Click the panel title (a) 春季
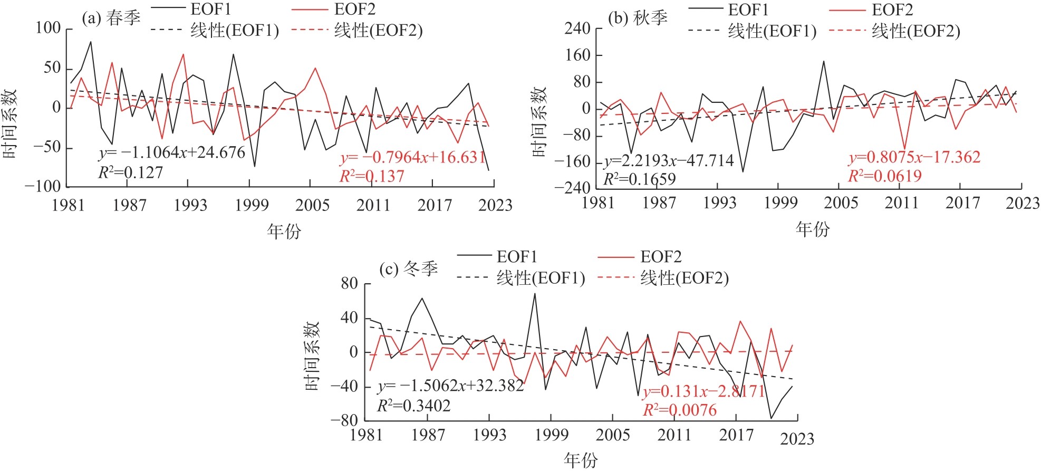coord(111,18)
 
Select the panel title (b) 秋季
coord(638,18)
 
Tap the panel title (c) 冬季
coord(409,270)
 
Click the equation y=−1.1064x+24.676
coord(172,153)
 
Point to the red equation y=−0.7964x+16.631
coord(412,157)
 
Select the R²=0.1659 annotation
coord(639,179)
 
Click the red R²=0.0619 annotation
coord(884,176)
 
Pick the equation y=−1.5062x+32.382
coord(451,386)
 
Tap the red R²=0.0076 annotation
coord(679,410)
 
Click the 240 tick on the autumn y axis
coord(577,28)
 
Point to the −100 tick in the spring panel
coord(43,186)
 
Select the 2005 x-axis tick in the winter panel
coord(613,435)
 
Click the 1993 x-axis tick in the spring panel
coord(190,205)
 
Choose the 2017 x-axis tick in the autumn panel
coord(962,203)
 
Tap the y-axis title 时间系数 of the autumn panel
coord(539,122)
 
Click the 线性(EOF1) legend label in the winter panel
coord(541,278)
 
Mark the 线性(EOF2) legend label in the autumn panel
coord(915,31)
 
